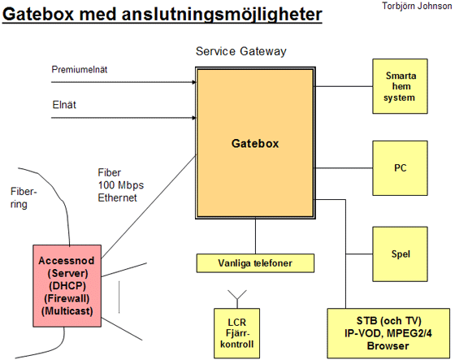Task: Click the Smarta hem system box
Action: pos(400,86)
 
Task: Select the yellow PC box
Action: pos(400,168)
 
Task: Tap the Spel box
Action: pos(400,254)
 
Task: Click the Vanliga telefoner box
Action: pos(255,263)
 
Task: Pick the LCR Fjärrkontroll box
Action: pos(236,333)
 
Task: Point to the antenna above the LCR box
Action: pos(237,299)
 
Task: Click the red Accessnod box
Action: pos(67,286)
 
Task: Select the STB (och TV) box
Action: pos(388,333)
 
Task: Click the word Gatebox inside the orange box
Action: pos(255,143)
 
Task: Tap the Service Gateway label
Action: pos(240,51)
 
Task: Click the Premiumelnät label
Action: pos(80,70)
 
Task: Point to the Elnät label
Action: pos(64,105)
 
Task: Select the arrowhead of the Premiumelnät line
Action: pos(194,82)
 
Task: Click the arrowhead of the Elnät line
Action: pos(194,118)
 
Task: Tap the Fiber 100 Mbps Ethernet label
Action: pos(121,185)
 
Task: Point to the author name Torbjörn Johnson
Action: pos(417,6)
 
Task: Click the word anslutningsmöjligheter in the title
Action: pos(222,15)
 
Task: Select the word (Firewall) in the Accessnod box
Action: pos(67,298)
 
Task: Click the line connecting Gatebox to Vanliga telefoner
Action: pos(255,236)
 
